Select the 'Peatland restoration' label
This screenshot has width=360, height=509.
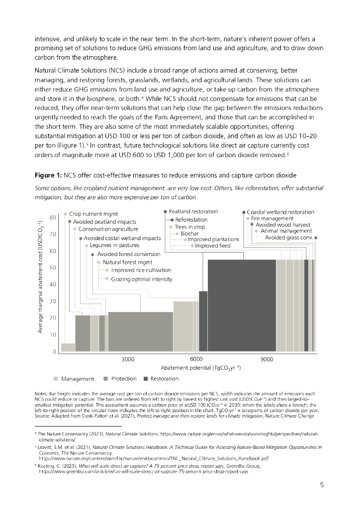click(193, 212)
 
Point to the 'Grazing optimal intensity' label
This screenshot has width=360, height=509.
click(142, 279)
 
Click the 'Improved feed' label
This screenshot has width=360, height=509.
click(213, 246)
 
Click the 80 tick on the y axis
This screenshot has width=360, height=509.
click(52, 217)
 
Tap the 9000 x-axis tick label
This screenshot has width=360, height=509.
click(268, 359)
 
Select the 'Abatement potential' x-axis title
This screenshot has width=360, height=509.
click(201, 368)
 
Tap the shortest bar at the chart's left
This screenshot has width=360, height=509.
click(68, 347)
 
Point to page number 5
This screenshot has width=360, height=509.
click(322, 486)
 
